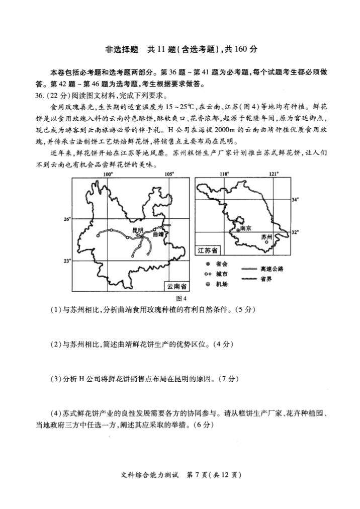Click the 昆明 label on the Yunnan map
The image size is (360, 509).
tap(138, 229)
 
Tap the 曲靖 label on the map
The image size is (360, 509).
tap(158, 234)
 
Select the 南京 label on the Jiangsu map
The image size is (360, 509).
tap(245, 227)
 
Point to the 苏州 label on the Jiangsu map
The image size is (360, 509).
tap(266, 236)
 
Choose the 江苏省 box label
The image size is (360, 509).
tap(207, 250)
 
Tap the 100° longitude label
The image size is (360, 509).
tap(108, 174)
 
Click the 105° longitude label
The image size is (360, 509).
tap(169, 174)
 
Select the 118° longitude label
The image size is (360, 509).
tap(224, 174)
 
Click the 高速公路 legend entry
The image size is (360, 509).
tap(272, 269)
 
